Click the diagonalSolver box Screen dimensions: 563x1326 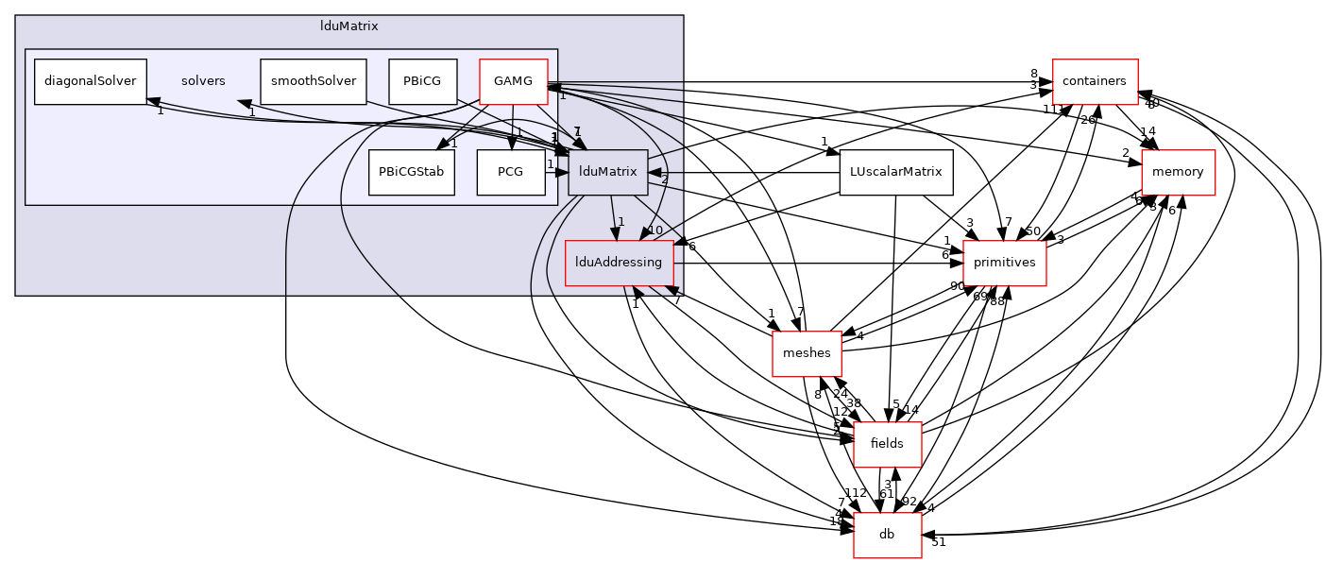click(91, 81)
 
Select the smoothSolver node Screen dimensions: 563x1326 click(313, 81)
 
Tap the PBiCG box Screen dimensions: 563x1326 click(422, 81)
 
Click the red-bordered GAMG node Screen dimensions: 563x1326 click(513, 81)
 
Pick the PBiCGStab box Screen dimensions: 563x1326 click(411, 173)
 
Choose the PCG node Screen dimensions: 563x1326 click(510, 173)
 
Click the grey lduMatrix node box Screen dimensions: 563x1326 click(607, 173)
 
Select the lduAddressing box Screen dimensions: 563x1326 click(619, 263)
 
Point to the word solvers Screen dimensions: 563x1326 click(203, 81)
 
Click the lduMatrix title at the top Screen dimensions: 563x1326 click(348, 26)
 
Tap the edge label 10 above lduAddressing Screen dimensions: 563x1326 click(654, 230)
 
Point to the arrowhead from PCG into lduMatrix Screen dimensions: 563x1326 click(561, 173)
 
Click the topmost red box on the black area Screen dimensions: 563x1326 click(1095, 82)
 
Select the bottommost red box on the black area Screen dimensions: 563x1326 click(887, 536)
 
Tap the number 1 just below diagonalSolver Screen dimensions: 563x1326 click(161, 111)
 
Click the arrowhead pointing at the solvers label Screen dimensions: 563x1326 click(244, 102)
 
